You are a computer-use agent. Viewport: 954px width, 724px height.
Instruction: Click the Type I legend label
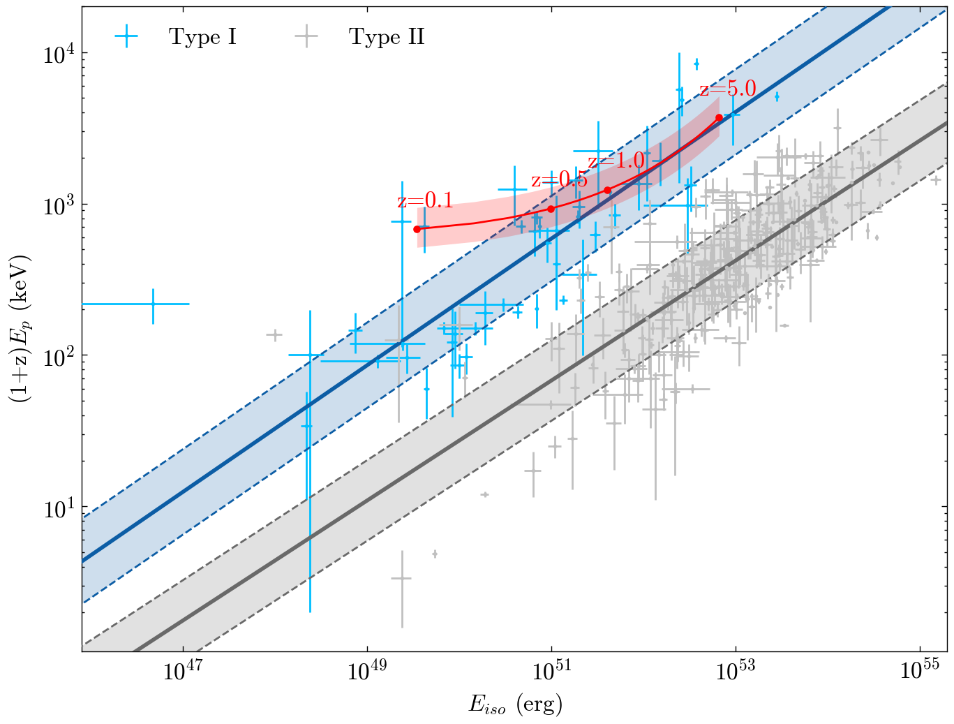202,37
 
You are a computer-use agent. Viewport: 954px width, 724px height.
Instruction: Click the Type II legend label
387,37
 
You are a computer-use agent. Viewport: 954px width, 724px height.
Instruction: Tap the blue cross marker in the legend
126,37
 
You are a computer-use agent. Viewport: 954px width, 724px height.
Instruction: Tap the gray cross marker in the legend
306,37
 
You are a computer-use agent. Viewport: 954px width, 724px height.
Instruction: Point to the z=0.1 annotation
425,202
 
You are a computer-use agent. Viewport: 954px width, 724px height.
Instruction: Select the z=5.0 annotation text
728,89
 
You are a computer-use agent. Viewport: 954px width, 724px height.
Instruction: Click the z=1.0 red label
616,162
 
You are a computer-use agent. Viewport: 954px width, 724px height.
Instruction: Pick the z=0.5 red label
559,180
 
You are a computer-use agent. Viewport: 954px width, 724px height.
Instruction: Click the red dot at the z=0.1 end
417,229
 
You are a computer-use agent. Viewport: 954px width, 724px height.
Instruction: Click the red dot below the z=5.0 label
719,118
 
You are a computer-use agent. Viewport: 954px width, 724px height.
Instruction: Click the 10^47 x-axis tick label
182,672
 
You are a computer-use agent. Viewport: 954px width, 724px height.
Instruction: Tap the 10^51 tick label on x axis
551,672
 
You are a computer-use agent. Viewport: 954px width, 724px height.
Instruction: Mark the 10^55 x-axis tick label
920,672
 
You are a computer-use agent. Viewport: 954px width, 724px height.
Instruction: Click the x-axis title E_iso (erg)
515,705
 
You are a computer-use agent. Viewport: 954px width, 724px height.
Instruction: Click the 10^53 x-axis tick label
736,672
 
